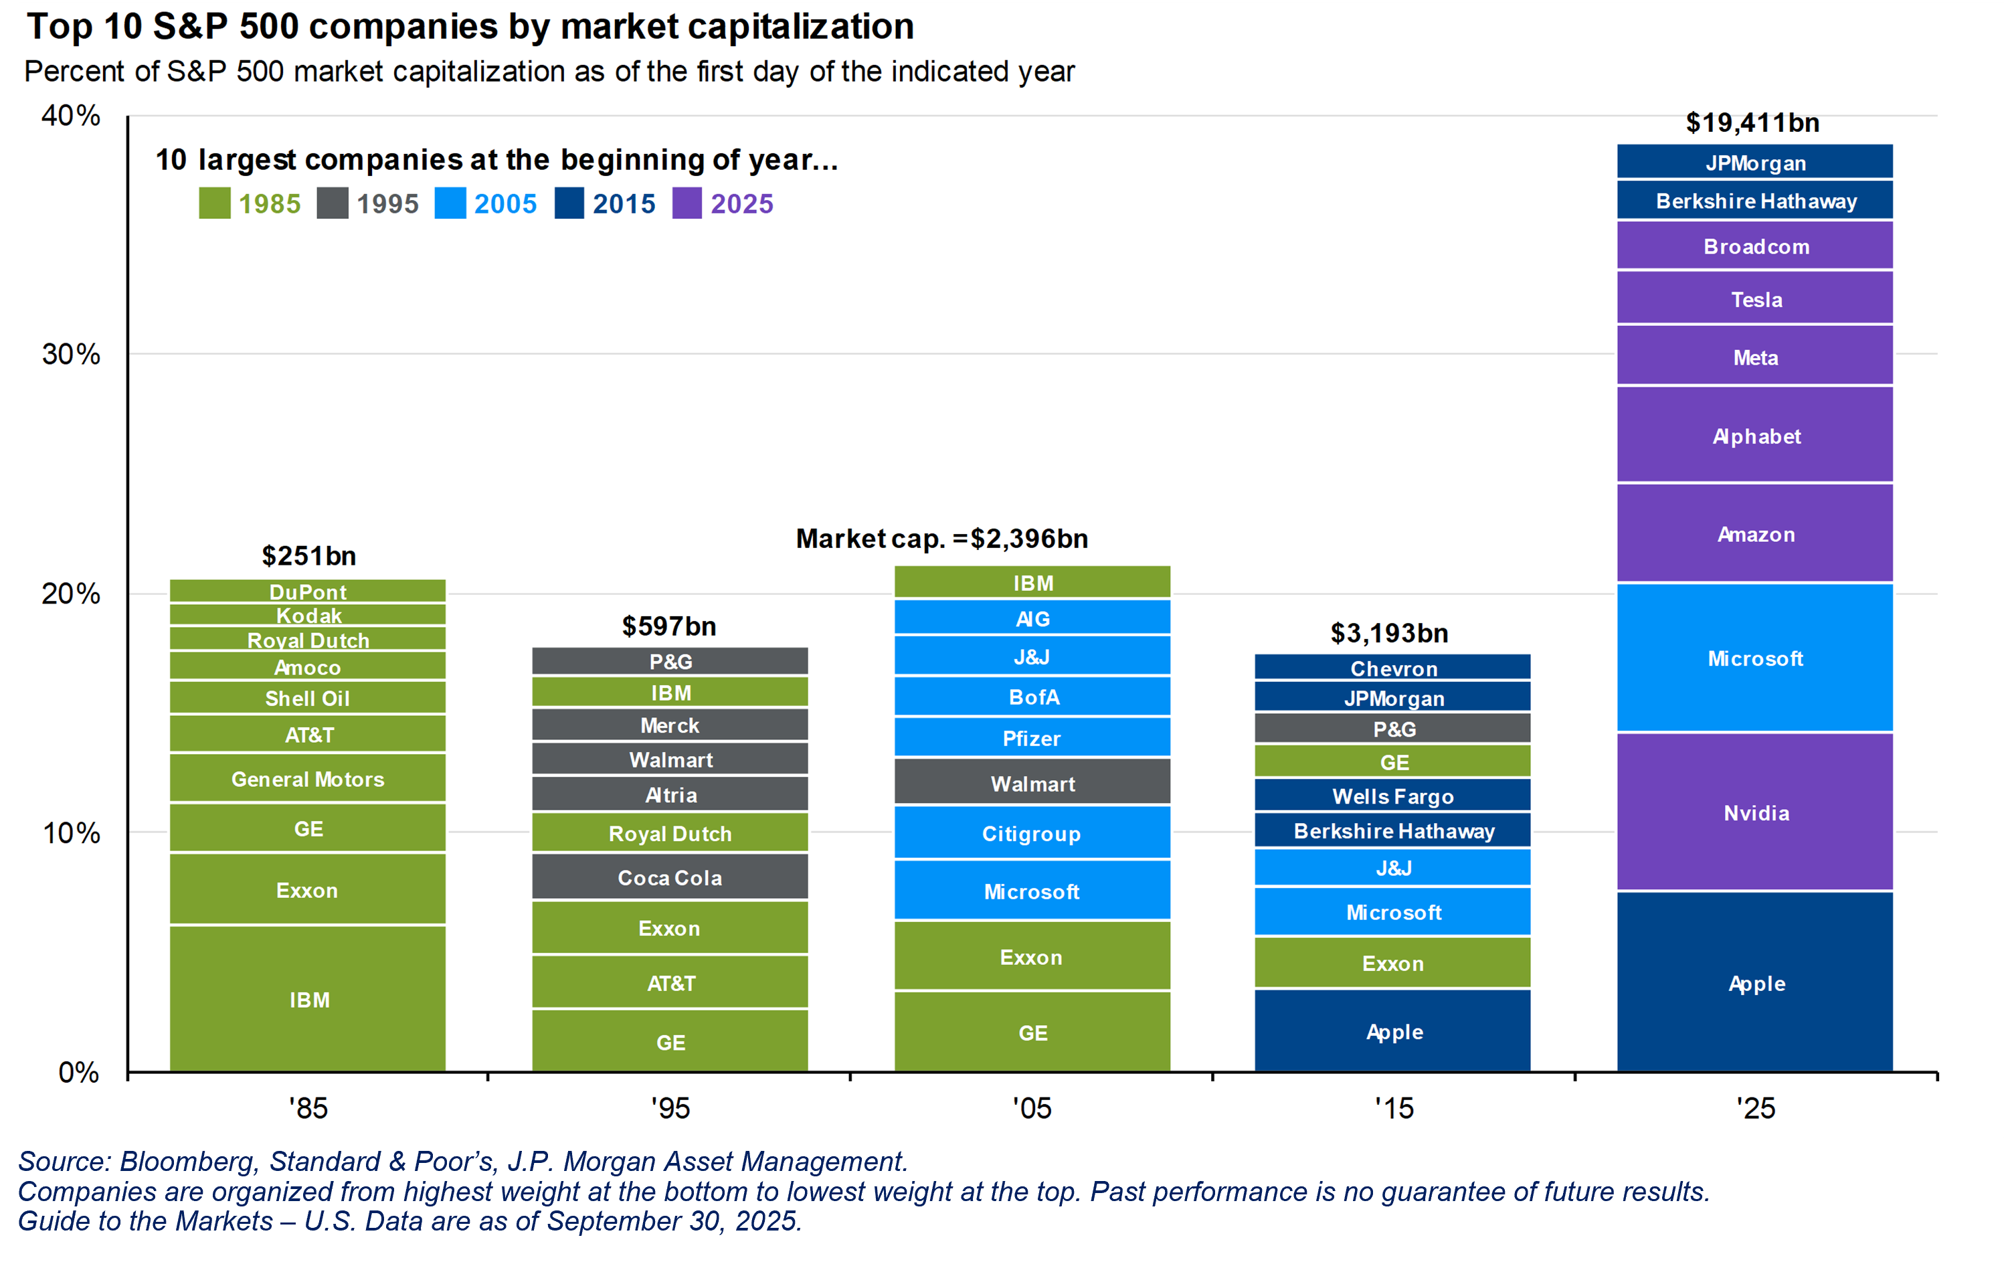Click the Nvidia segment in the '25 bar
(1755, 812)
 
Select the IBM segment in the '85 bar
(308, 998)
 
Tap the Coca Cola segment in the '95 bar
(670, 877)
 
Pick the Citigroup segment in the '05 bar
(1032, 833)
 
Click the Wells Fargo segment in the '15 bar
(1392, 796)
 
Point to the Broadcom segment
(1755, 246)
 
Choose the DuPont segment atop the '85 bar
(308, 592)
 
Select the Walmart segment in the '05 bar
(1032, 783)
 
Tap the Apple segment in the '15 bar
(1392, 1031)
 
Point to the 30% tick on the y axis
(72, 355)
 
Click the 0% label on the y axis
(79, 1073)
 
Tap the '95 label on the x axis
(670, 1108)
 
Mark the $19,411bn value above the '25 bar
(1752, 123)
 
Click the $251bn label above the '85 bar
(308, 556)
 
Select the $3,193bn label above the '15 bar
(1389, 633)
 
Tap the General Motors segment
(308, 779)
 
